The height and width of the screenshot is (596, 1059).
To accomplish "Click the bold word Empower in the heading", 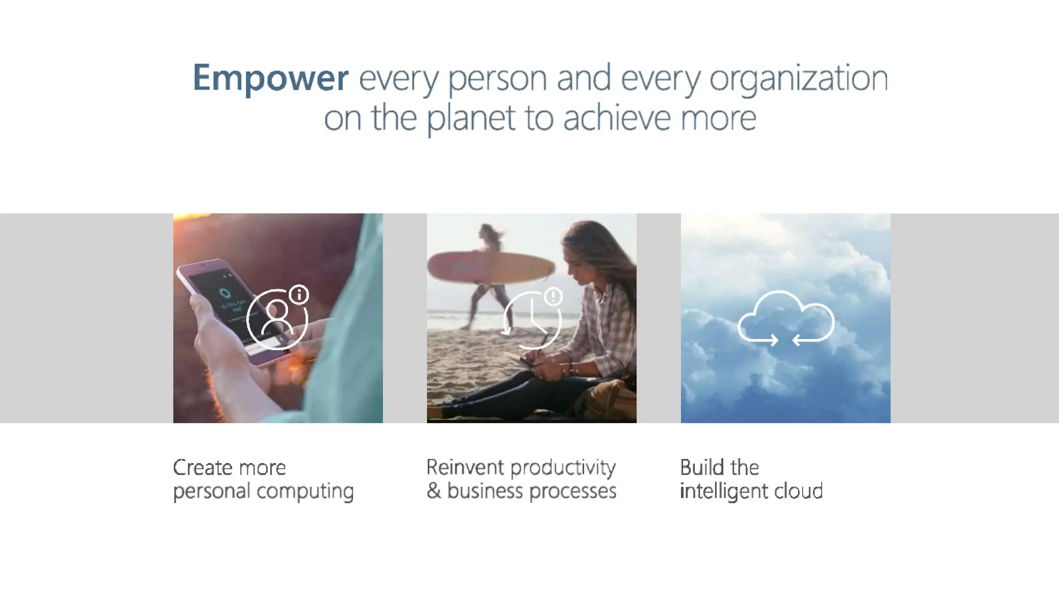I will click(270, 79).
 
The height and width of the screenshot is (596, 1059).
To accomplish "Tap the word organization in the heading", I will click(798, 79).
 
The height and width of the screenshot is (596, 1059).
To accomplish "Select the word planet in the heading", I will click(472, 118).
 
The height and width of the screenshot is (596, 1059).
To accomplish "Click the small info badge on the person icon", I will click(299, 295).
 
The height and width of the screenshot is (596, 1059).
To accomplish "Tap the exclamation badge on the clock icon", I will click(553, 296).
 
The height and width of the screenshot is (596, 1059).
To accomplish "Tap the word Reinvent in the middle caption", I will click(465, 468).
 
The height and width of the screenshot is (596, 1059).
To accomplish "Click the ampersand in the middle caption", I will click(433, 491).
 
